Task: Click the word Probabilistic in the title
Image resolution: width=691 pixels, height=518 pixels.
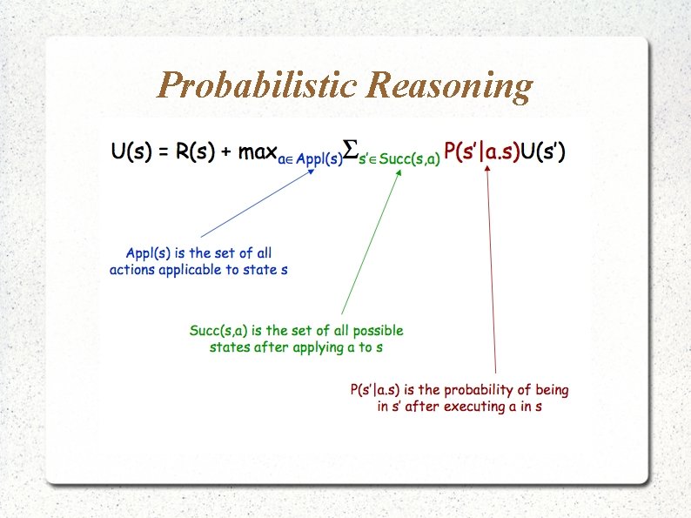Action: pyautogui.click(x=258, y=86)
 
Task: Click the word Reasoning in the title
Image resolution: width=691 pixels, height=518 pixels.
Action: pyautogui.click(x=449, y=86)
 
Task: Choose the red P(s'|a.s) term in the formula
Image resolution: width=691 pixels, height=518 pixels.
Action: pyautogui.click(x=482, y=152)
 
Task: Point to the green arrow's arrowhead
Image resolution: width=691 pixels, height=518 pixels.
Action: pyautogui.click(x=399, y=172)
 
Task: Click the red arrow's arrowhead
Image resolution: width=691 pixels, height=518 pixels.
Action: pyautogui.click(x=487, y=170)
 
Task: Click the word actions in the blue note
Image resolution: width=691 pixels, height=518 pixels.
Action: pyautogui.click(x=132, y=270)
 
